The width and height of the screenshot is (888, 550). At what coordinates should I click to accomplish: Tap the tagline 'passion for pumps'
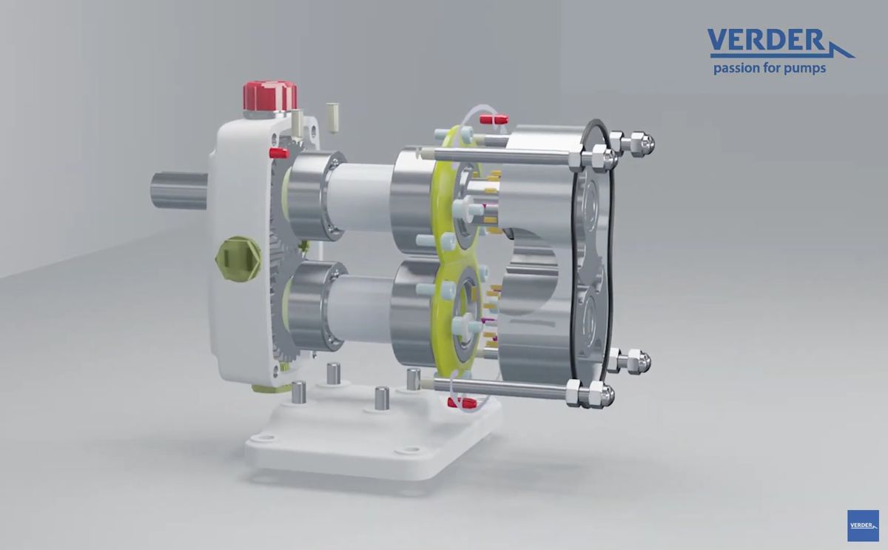point(769,69)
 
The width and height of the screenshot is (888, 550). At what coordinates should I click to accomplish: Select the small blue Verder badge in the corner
point(863,525)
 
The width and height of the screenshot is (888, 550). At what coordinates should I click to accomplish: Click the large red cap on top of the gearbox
point(270,95)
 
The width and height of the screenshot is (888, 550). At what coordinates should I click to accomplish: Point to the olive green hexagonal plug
point(238,258)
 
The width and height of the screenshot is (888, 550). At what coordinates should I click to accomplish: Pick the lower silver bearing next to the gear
point(311,307)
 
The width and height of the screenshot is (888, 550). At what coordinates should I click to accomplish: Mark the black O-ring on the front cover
point(607,244)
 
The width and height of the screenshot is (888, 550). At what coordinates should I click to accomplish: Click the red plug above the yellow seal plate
point(494,118)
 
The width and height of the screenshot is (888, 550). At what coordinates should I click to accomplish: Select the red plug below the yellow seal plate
point(461,403)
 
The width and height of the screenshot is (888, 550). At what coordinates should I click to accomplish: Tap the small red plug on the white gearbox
point(279,153)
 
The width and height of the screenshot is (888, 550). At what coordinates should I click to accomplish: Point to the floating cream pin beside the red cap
point(332,117)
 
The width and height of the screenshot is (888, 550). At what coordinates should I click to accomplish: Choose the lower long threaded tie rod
point(503,386)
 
